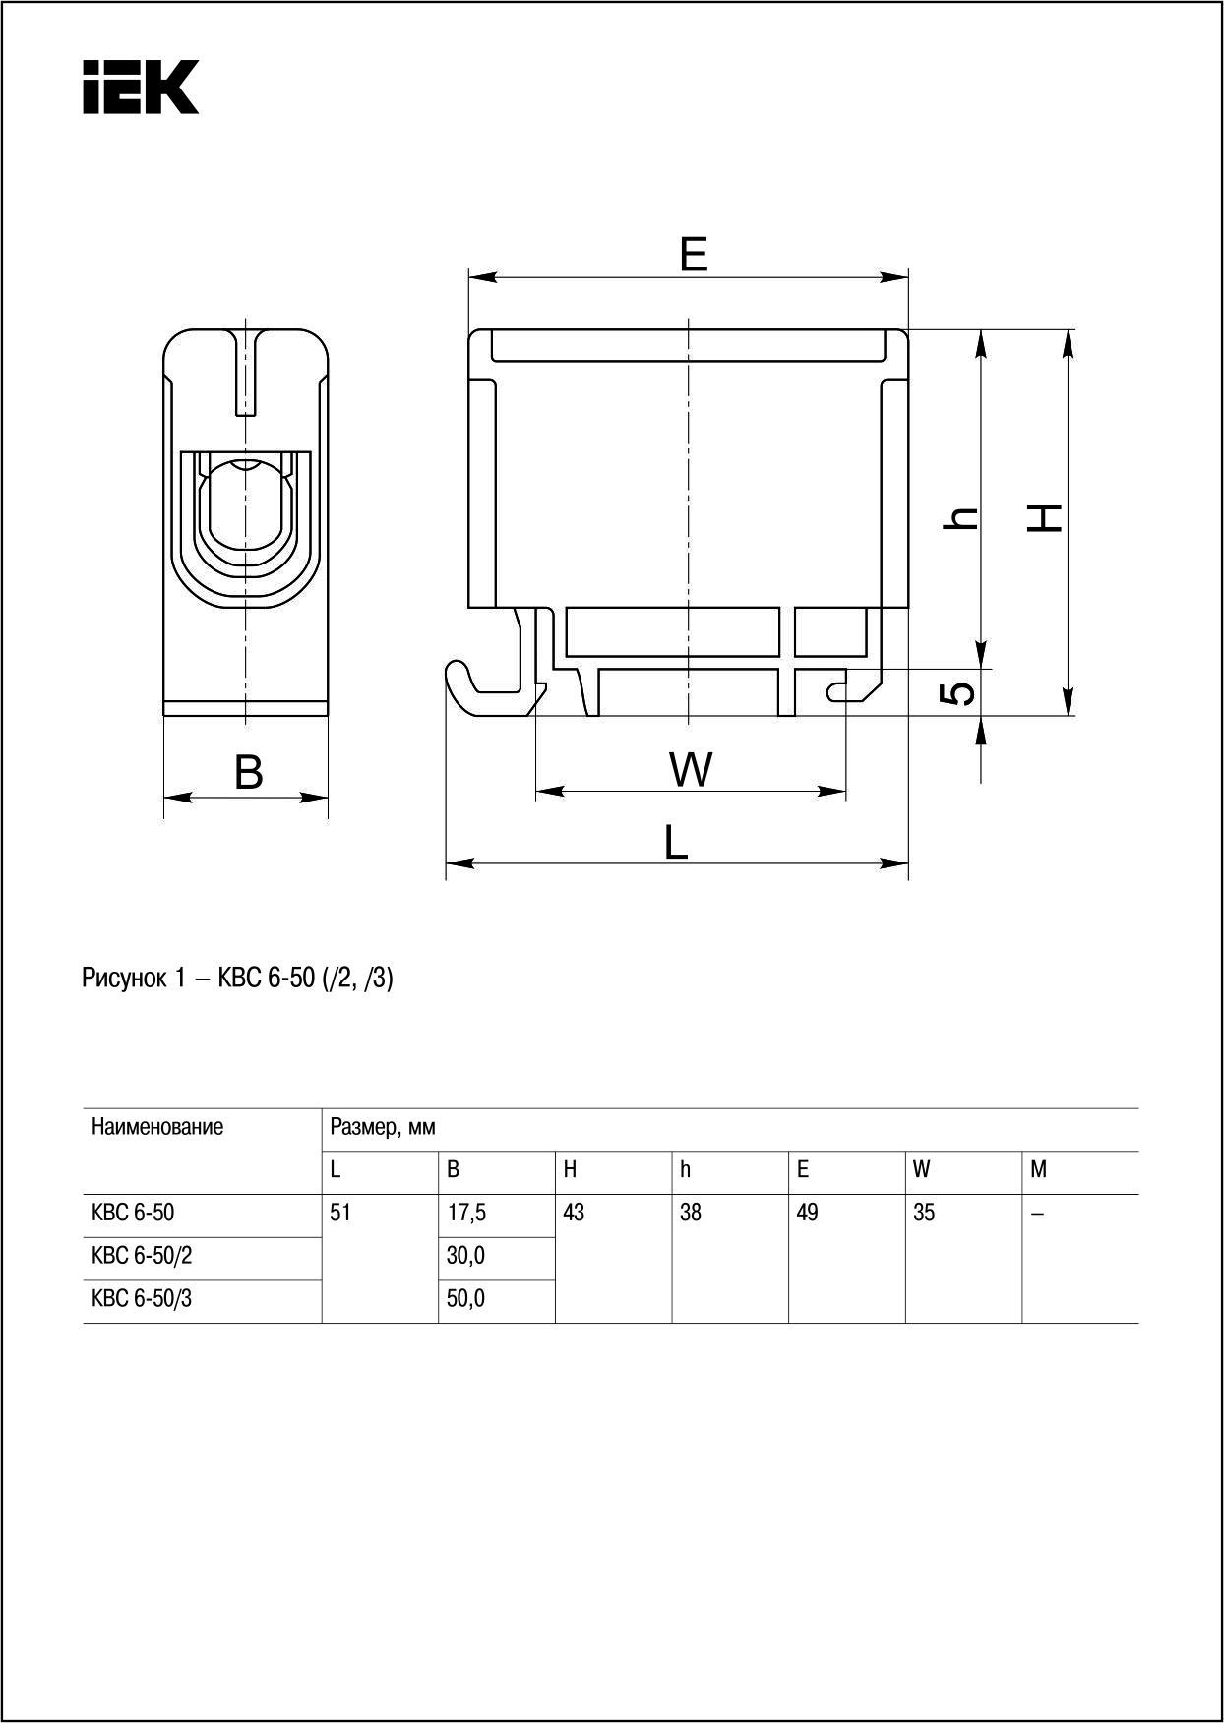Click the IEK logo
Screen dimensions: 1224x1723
[141, 87]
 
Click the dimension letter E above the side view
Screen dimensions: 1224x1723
[694, 255]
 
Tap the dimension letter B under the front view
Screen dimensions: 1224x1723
[249, 772]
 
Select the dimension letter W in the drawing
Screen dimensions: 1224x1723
[691, 769]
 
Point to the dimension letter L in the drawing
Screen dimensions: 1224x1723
[676, 843]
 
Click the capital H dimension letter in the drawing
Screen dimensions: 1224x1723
[1045, 517]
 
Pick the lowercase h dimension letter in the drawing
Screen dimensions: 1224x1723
[960, 518]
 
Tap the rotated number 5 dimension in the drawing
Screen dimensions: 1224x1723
[959, 693]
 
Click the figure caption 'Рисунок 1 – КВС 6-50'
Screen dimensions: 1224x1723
[198, 979]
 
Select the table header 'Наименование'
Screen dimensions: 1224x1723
[157, 1127]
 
